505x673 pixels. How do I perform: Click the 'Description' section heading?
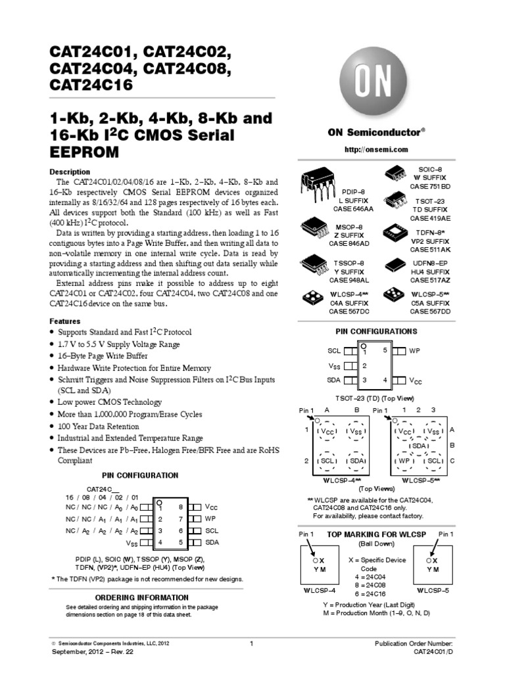pyautogui.click(x=70, y=172)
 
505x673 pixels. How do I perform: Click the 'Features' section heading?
pyautogui.click(x=66, y=321)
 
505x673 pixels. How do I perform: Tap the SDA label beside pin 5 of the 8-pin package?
pyautogui.click(x=212, y=543)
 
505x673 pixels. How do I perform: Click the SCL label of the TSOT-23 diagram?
pyautogui.click(x=334, y=352)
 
